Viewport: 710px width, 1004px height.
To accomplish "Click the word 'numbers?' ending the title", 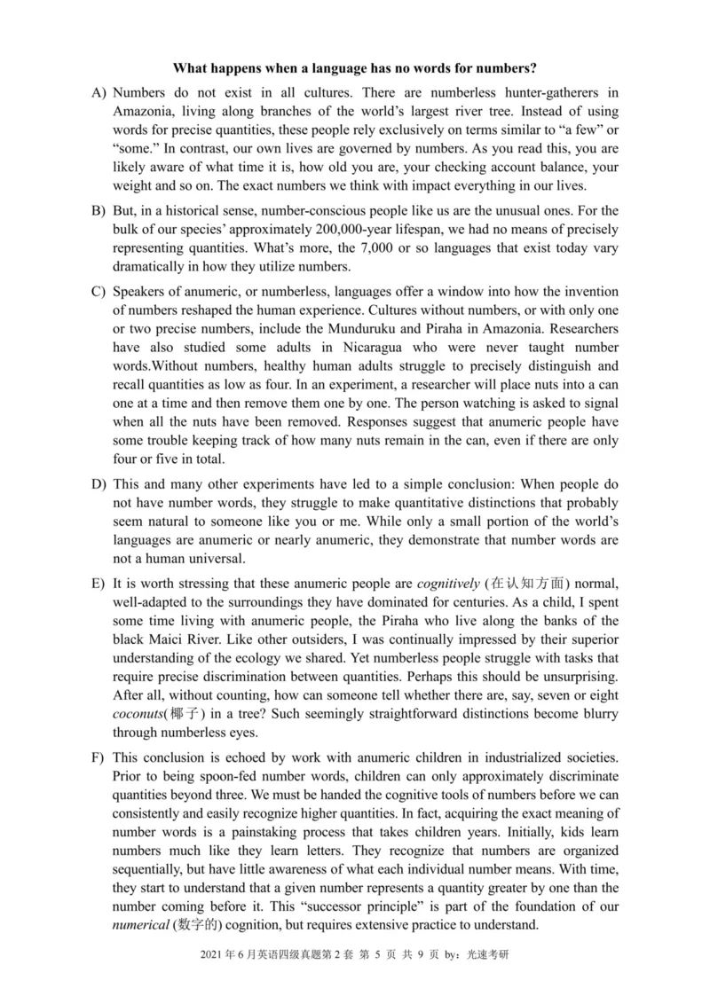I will [508, 67].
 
